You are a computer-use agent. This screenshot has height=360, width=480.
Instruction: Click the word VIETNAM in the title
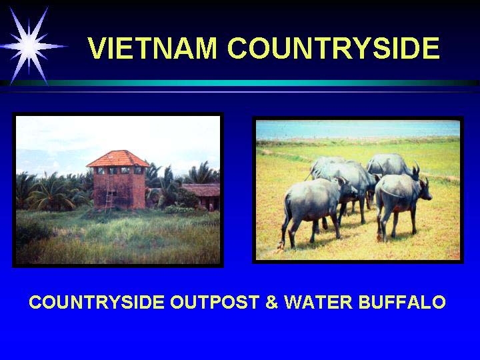pyautogui.click(x=152, y=48)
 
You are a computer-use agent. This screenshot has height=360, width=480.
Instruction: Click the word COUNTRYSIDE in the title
pyautogui.click(x=334, y=48)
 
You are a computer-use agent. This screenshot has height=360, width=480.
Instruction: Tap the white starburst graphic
pyautogui.click(x=30, y=46)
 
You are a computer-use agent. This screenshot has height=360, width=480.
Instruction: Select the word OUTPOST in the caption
pyautogui.click(x=215, y=302)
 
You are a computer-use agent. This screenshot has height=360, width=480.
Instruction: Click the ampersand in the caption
pyautogui.click(x=271, y=302)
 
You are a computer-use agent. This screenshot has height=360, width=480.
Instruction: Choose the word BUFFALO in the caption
pyautogui.click(x=402, y=302)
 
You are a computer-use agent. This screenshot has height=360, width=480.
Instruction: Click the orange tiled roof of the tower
pyautogui.click(x=118, y=159)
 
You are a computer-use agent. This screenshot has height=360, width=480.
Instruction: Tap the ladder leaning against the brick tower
pyautogui.click(x=108, y=193)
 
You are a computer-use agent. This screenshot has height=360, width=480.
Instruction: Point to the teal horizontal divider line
pyautogui.click(x=240, y=83)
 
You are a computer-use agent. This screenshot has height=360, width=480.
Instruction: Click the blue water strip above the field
pyautogui.click(x=358, y=130)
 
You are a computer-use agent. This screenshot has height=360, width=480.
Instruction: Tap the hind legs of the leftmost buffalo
pyautogui.click(x=289, y=229)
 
